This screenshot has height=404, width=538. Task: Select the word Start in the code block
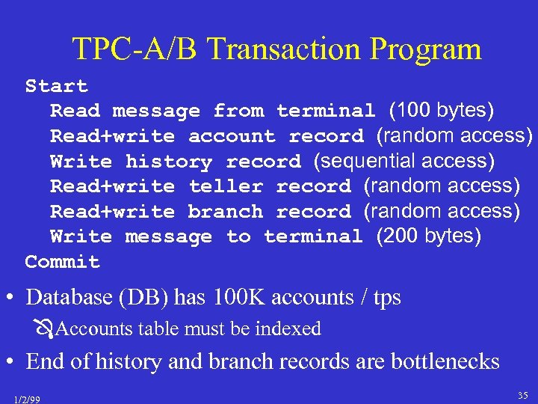[56, 86]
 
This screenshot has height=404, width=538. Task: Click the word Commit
[62, 262]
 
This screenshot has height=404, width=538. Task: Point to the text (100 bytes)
[441, 111]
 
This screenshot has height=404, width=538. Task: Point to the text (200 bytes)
[429, 236]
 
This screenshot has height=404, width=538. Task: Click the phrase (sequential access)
[403, 161]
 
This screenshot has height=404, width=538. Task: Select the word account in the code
[232, 136]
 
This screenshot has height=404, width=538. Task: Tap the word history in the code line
[169, 162]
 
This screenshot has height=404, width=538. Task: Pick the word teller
[226, 186]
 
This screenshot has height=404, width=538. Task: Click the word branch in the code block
[226, 212]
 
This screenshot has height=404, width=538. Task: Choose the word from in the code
[238, 111]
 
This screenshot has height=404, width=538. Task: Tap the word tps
[386, 299]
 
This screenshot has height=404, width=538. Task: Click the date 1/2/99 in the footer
[27, 400]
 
